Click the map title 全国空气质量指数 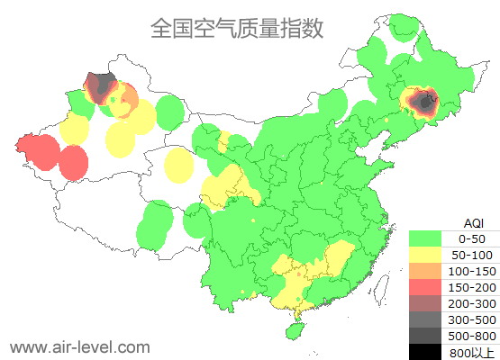(237, 28)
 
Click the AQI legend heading (473, 222)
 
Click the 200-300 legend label (472, 303)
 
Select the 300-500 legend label (472, 319)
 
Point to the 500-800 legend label (472, 336)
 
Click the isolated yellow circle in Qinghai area (179, 165)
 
